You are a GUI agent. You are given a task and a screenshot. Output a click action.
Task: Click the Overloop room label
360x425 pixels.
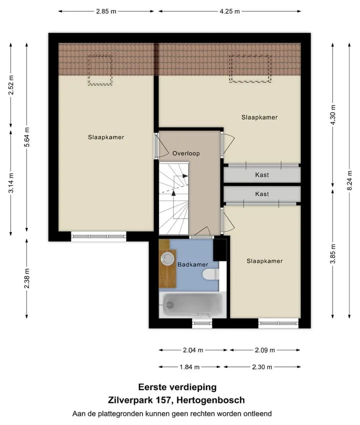tap(186, 153)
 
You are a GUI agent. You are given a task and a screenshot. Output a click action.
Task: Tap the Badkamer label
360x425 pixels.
tap(192, 264)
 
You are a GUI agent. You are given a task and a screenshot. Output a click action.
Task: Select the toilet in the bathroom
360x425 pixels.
tap(210, 274)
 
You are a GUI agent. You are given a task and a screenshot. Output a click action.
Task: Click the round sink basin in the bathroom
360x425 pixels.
tap(167, 259)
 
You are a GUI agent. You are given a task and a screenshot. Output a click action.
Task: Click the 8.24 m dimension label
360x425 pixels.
tap(349, 180)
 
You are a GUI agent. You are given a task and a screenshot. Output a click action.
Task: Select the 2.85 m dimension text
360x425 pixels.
tap(106, 11)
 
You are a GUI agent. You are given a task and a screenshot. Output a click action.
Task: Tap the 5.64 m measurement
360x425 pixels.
tap(26, 137)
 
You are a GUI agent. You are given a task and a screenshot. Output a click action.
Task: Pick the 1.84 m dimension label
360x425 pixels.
tap(189, 367)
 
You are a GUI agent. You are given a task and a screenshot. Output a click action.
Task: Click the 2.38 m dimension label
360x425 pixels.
tap(26, 278)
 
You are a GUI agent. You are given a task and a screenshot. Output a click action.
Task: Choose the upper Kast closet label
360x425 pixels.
tap(262, 175)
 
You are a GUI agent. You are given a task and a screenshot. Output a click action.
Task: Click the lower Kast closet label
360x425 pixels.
tap(262, 194)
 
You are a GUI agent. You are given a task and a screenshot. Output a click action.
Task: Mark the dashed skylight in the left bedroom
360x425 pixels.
tap(100, 70)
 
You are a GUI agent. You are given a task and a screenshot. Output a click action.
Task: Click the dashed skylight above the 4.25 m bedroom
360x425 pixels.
tap(250, 68)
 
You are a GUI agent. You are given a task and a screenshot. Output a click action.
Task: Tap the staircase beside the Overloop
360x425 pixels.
tap(173, 198)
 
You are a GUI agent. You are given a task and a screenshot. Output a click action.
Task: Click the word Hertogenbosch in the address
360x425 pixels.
tap(210, 400)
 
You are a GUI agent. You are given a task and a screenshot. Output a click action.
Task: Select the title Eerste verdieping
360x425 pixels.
tap(177, 387)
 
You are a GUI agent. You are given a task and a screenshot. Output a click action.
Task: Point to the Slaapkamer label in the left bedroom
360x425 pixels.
tap(106, 137)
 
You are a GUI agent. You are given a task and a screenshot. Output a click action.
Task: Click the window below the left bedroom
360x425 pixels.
tap(98, 236)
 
